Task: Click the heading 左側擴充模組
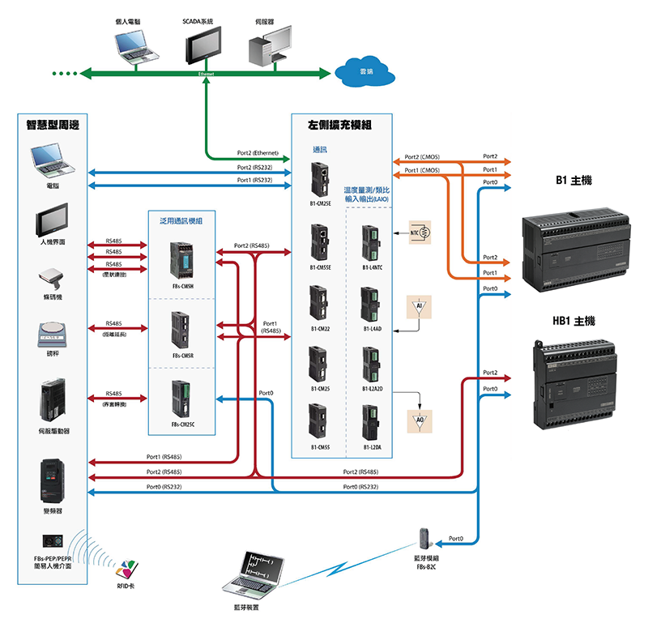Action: tap(339, 126)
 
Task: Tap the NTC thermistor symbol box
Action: tap(420, 233)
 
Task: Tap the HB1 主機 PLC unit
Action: tap(574, 379)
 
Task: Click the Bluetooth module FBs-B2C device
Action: tap(426, 540)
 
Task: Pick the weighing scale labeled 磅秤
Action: tap(52, 332)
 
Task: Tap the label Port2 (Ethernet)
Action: tap(258, 152)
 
